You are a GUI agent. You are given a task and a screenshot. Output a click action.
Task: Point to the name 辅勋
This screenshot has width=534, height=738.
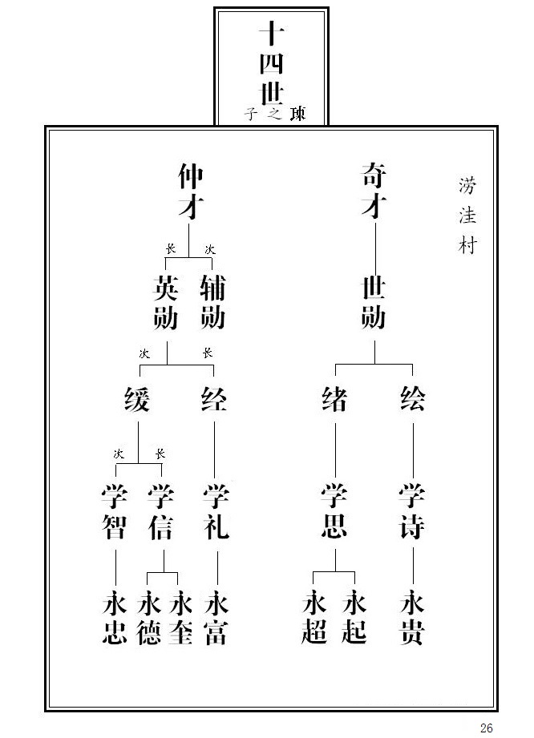point(212,301)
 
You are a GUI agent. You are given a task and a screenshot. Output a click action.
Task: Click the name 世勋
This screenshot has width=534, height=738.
point(374,301)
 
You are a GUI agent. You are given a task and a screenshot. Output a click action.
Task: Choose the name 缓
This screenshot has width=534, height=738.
point(137,398)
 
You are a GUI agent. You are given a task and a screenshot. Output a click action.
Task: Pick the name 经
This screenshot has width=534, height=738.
point(214,398)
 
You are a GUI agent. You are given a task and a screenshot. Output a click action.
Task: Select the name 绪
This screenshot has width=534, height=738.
point(335,398)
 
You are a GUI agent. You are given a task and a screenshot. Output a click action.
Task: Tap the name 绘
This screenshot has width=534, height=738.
point(413,398)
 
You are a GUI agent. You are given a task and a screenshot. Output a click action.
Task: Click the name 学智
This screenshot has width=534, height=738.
point(115,511)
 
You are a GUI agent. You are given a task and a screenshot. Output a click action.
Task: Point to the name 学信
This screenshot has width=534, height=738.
point(161,511)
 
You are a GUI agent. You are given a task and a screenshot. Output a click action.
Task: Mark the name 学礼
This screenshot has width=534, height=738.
point(216,511)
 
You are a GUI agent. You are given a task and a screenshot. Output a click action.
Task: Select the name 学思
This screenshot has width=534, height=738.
point(334,511)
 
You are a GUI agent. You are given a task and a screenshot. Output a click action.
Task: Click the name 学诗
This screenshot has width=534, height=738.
point(413,511)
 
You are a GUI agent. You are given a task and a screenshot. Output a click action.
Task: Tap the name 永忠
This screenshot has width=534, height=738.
point(115,617)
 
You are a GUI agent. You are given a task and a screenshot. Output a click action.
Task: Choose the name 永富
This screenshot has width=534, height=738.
point(216,617)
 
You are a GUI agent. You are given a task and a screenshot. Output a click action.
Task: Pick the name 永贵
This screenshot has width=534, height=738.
point(413,617)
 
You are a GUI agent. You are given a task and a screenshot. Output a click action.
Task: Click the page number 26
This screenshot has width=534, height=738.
point(487,728)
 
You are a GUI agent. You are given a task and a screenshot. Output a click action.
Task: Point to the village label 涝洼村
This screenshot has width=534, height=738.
point(467,216)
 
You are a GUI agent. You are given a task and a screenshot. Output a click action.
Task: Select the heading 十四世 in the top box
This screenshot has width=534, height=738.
point(272,64)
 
